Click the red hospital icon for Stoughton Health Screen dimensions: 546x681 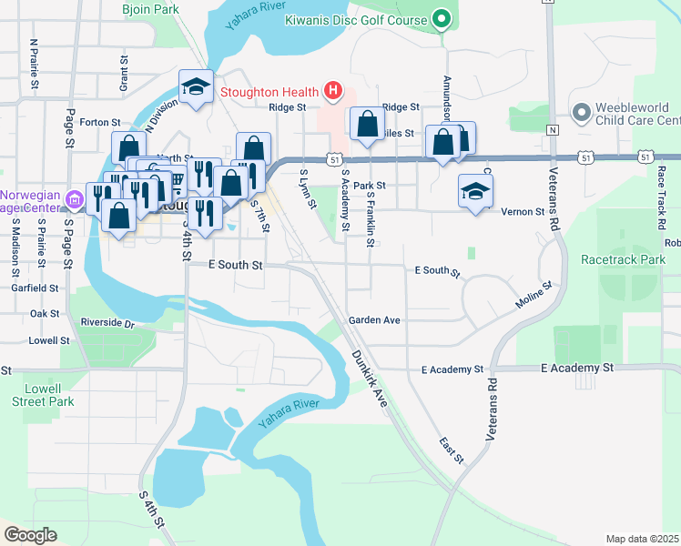(333, 91)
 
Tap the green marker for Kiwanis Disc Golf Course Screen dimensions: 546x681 (442, 19)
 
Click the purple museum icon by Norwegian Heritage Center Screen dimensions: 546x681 (73, 197)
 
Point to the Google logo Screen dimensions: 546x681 (30, 535)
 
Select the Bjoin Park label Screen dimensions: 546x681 (149, 10)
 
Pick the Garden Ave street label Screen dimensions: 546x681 (374, 320)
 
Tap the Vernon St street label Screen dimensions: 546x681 (523, 211)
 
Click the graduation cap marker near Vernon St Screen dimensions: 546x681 (474, 191)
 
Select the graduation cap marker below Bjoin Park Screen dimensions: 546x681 (196, 87)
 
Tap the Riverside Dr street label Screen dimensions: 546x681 (107, 323)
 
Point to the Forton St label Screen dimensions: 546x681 (100, 122)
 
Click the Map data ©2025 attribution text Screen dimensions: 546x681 (641, 539)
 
